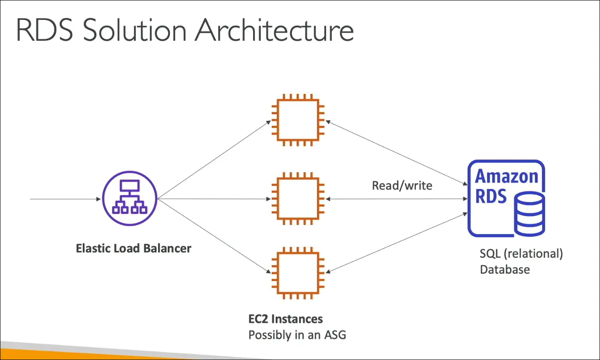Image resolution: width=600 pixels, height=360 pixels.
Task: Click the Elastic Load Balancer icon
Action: point(130,199)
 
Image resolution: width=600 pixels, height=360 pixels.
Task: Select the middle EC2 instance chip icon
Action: point(297,199)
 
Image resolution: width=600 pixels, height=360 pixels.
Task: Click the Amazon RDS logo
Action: point(506,198)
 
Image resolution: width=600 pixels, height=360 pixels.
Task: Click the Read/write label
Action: point(402,185)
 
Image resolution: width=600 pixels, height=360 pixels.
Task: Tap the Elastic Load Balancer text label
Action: point(133,248)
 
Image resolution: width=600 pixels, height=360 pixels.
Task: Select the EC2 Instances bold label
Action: point(285,319)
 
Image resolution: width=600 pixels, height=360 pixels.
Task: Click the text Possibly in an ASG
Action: point(297,335)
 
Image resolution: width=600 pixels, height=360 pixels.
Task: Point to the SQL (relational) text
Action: point(521,254)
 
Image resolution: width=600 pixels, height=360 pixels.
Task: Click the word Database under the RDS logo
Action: point(504,269)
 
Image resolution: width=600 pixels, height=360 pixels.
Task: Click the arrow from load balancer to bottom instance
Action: point(214,235)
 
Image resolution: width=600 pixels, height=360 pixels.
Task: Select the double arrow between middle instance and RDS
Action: point(396,199)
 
